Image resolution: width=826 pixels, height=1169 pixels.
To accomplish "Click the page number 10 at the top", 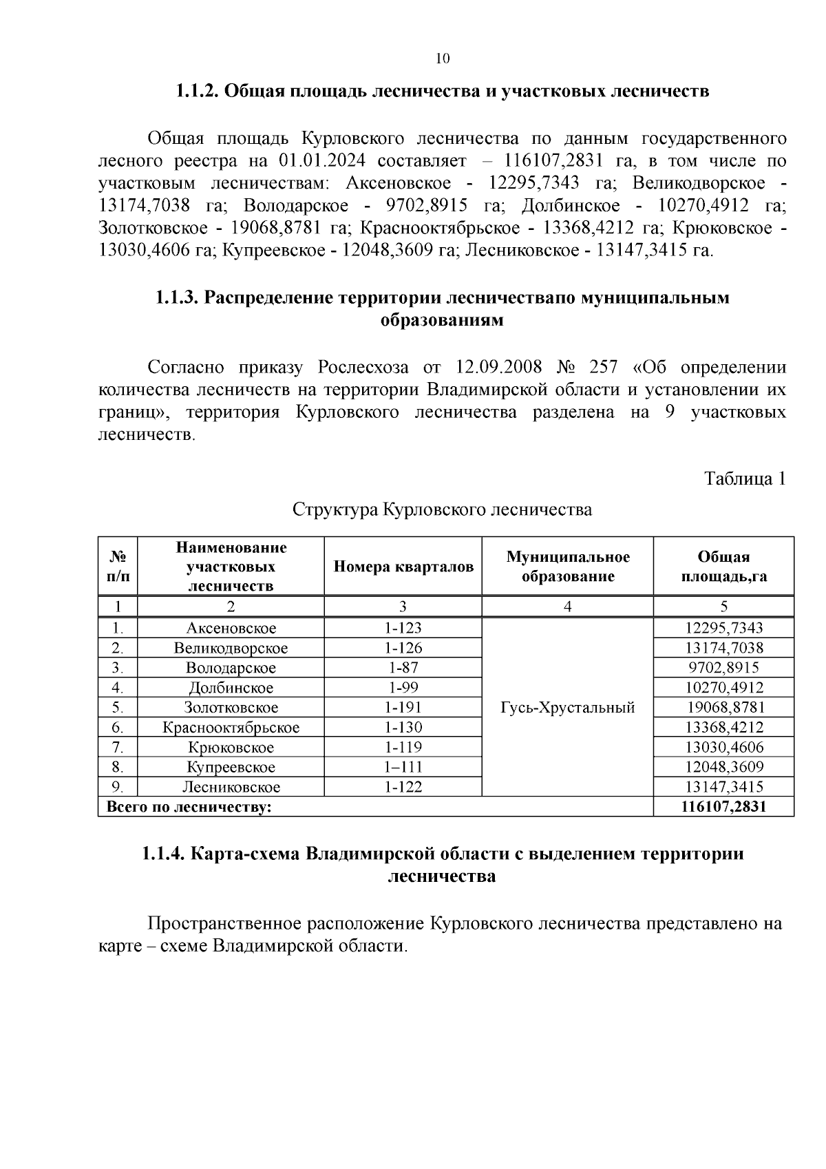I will (x=443, y=59).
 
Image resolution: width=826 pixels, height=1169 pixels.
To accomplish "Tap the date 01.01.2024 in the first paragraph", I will (x=317, y=161).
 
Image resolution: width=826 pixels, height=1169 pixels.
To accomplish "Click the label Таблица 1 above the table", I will (x=744, y=478).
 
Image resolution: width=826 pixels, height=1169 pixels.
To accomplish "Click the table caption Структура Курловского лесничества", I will (x=442, y=510).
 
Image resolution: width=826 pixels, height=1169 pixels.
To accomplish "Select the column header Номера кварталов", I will (x=403, y=567).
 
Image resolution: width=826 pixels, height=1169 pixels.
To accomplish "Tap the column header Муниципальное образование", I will (x=567, y=567).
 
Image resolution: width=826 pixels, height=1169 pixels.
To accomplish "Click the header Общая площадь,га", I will (x=723, y=567).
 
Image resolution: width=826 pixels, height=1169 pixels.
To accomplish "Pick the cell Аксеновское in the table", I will (x=231, y=628).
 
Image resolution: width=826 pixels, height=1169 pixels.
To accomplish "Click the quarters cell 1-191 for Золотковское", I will (x=403, y=707).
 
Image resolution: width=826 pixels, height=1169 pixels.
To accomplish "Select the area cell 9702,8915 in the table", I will (x=723, y=668).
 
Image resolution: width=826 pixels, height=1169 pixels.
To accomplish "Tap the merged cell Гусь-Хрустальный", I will (x=567, y=708).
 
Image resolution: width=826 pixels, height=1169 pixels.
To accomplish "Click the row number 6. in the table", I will (x=118, y=728).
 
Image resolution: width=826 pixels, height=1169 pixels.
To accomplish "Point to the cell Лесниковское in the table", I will (x=231, y=787).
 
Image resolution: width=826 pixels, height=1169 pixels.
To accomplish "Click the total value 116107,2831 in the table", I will (x=723, y=807).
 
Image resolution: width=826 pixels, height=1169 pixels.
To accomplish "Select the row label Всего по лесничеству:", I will (x=189, y=807).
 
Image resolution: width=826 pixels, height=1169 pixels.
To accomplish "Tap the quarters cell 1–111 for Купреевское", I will (x=403, y=767).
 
